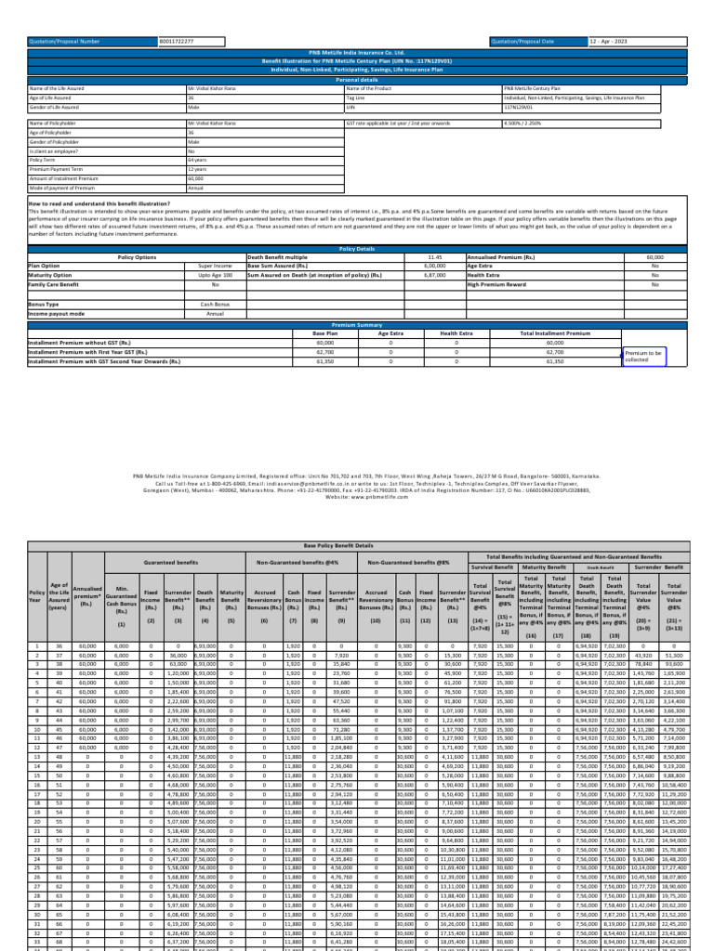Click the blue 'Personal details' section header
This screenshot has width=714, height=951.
(x=356, y=80)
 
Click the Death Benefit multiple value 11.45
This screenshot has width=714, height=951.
(x=434, y=255)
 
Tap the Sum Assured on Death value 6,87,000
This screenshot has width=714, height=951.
(x=434, y=274)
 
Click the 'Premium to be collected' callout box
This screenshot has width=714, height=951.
(x=643, y=356)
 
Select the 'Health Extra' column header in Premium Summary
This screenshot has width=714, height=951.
(x=456, y=332)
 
